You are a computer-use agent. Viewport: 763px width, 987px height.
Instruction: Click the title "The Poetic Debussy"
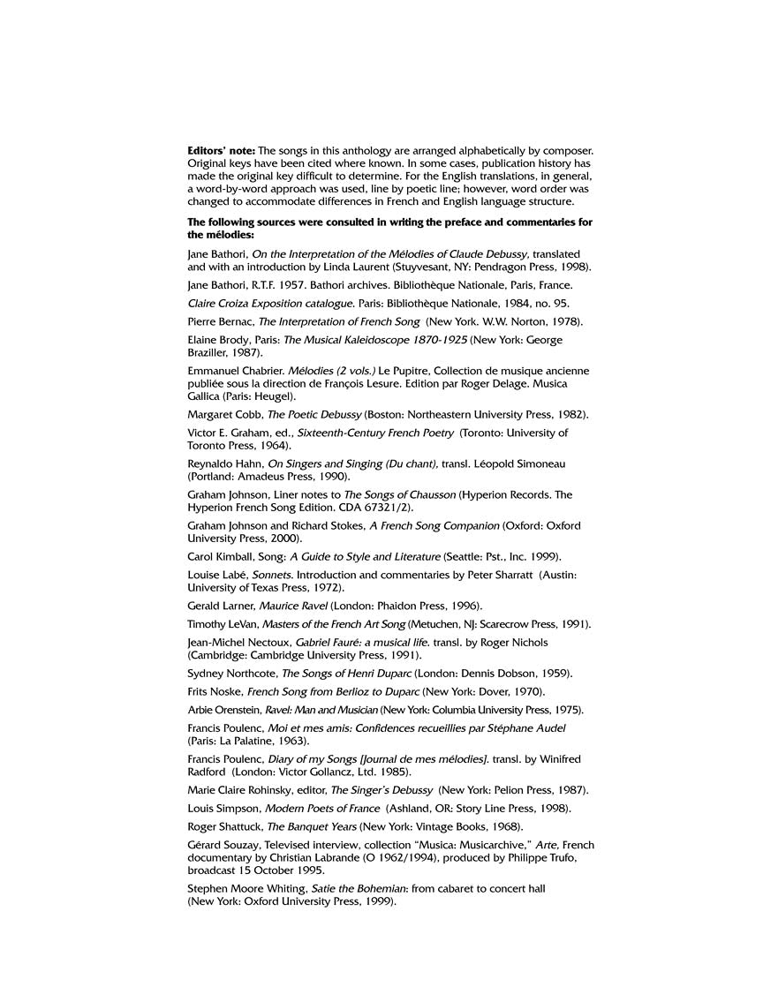(x=303, y=414)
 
